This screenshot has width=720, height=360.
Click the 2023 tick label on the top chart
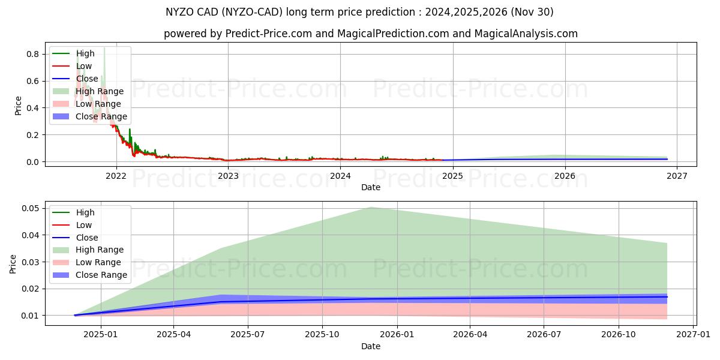pyautogui.click(x=228, y=176)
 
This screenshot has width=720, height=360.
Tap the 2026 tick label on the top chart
pyautogui.click(x=565, y=176)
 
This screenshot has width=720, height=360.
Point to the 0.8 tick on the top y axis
pyautogui.click(x=32, y=54)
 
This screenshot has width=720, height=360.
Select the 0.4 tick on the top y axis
pyautogui.click(x=32, y=108)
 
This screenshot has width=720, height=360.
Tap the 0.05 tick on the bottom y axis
pyautogui.click(x=30, y=208)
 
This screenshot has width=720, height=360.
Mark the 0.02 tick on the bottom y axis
pyautogui.click(x=30, y=289)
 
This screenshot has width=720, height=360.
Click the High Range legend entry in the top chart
pyautogui.click(x=99, y=91)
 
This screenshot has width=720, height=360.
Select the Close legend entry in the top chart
pyautogui.click(x=87, y=79)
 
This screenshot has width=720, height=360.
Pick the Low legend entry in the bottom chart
pyautogui.click(x=83, y=225)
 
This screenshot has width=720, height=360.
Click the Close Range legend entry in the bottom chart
pyautogui.click(x=101, y=275)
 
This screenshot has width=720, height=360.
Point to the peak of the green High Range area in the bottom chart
pyautogui.click(x=371, y=207)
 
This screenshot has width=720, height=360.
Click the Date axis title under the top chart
pyautogui.click(x=370, y=188)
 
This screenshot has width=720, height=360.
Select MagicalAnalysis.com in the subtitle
pyautogui.click(x=526, y=34)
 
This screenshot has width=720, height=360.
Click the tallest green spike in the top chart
pyautogui.click(x=104, y=48)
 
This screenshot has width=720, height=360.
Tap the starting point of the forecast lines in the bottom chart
pyautogui.click(x=74, y=315)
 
